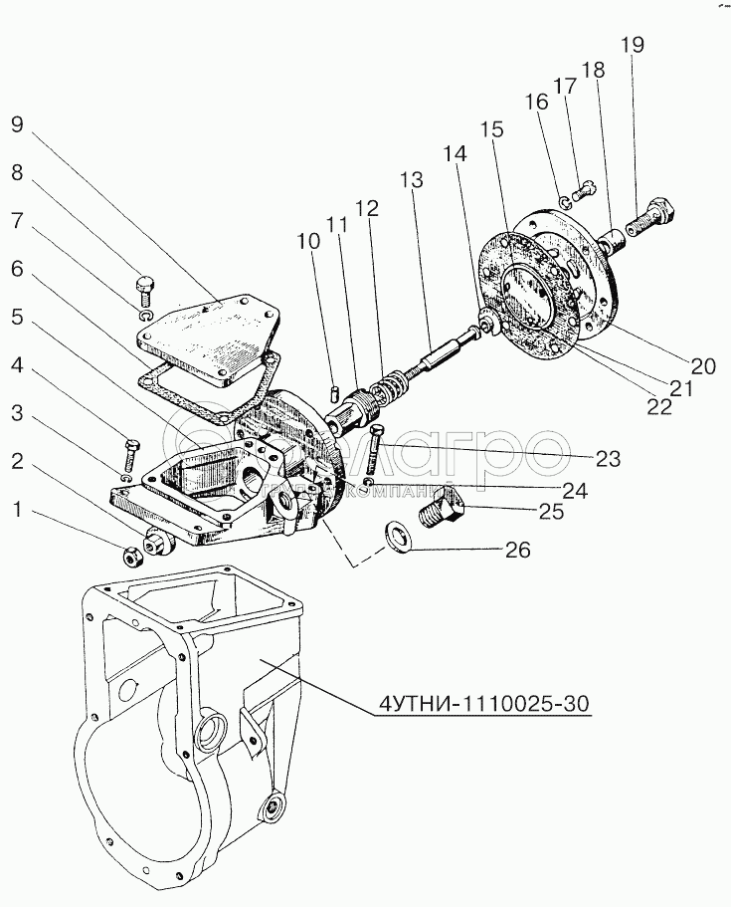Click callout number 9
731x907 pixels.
17,126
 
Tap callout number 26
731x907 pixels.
517,550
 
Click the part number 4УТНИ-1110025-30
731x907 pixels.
484,705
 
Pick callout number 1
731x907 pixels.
16,510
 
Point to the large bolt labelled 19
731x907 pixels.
653,212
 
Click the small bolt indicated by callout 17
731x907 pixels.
586,187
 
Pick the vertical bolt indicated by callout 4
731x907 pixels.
131,454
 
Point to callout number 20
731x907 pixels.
704,366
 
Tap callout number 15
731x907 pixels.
491,130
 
